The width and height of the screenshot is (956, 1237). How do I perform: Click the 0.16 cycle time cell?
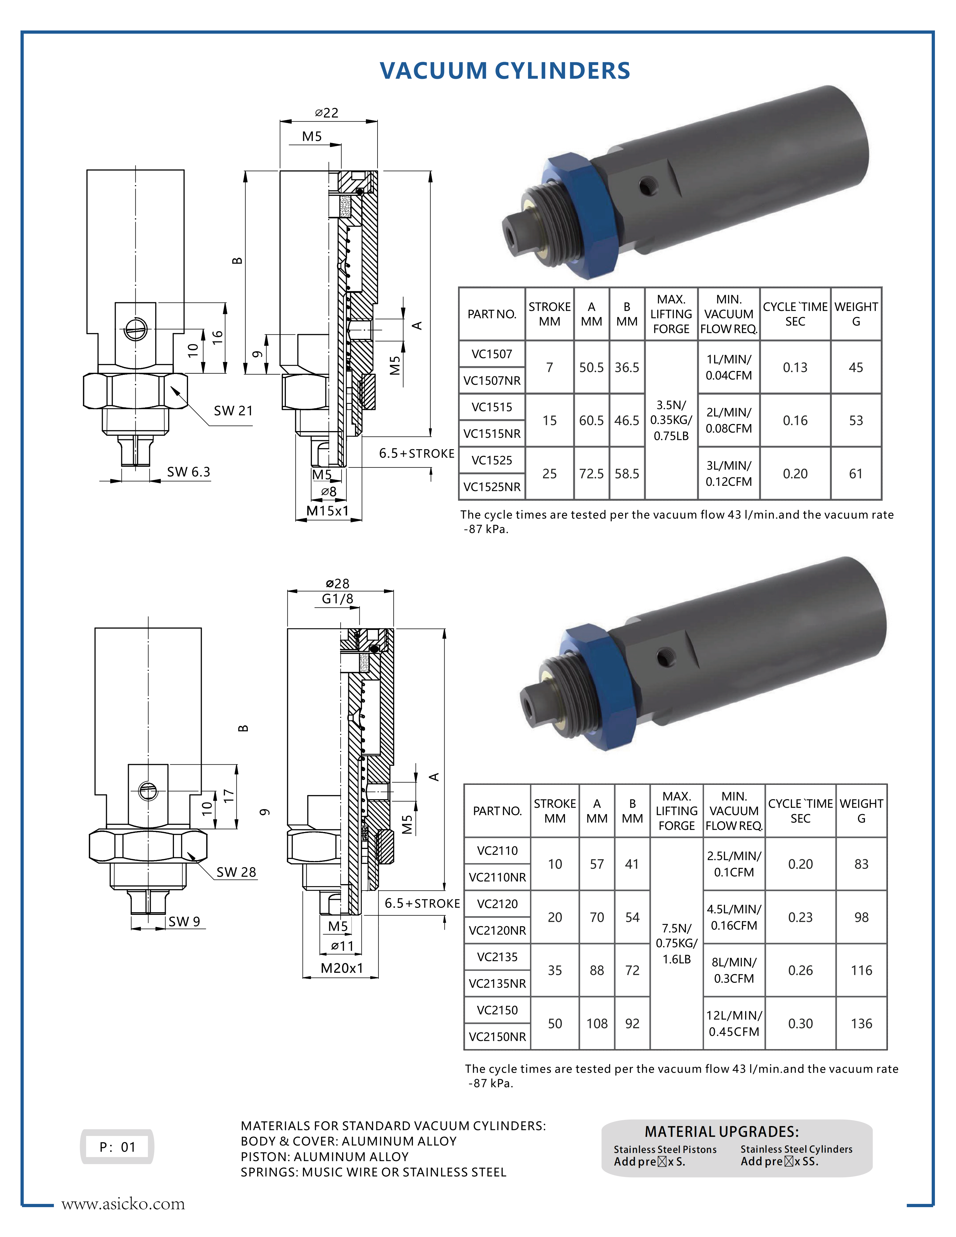(795, 420)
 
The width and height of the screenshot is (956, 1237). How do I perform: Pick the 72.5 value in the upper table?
(591, 474)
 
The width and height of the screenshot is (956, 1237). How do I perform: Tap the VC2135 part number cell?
(497, 957)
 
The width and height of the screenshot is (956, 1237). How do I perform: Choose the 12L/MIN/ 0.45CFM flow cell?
(734, 1024)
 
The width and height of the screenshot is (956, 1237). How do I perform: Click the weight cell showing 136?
(861, 1024)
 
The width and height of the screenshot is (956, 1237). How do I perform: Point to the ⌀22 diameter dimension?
(327, 113)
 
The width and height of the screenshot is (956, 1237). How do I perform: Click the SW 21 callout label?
(233, 411)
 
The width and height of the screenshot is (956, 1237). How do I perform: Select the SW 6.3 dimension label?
(189, 472)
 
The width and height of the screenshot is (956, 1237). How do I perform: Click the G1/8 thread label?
(337, 599)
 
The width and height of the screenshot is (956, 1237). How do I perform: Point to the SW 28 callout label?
(236, 872)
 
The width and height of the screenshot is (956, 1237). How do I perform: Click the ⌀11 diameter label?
(342, 946)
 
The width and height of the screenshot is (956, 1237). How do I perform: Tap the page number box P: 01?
(117, 1147)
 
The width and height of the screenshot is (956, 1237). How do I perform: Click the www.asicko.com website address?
(123, 1204)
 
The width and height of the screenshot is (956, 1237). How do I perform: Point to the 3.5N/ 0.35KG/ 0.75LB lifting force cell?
(671, 420)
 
